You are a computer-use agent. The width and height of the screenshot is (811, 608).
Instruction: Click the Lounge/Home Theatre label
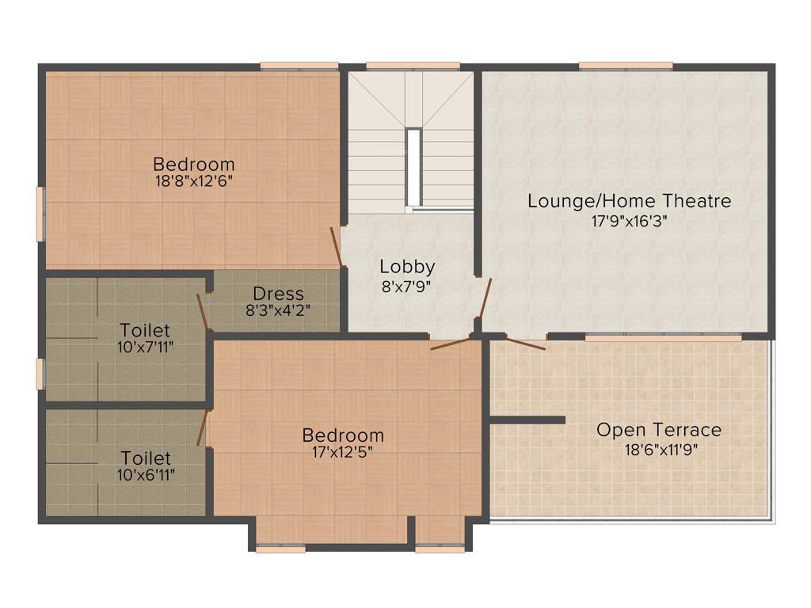pos(630,201)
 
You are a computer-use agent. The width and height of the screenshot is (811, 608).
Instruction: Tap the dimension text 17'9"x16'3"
pos(630,222)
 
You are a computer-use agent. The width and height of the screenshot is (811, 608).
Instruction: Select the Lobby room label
pos(407,267)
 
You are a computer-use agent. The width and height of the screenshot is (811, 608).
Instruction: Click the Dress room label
pos(278,294)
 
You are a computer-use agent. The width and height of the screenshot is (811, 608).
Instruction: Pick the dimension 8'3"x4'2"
pos(278,310)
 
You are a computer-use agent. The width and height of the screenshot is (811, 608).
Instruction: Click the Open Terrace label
pos(659,430)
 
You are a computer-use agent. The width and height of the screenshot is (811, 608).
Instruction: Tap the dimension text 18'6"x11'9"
pos(659,449)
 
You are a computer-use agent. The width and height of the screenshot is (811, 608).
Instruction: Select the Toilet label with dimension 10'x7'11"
pos(145,329)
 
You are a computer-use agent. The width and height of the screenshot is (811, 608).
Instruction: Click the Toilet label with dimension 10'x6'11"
pos(145,458)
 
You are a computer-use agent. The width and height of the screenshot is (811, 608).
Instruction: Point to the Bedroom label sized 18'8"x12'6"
pos(194,165)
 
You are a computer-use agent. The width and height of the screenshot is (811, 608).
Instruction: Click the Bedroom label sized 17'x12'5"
pos(343,435)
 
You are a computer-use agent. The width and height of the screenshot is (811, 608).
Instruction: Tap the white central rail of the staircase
pos(413,167)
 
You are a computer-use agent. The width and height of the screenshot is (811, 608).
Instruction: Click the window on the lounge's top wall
pos(626,66)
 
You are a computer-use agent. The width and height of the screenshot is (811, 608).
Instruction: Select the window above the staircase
pos(413,66)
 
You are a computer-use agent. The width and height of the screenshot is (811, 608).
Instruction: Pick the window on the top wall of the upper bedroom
pos(299,66)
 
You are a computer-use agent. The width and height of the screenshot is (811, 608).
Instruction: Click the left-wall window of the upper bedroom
pos(40,214)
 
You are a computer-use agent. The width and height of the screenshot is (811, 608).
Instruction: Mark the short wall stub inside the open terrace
pos(527,420)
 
